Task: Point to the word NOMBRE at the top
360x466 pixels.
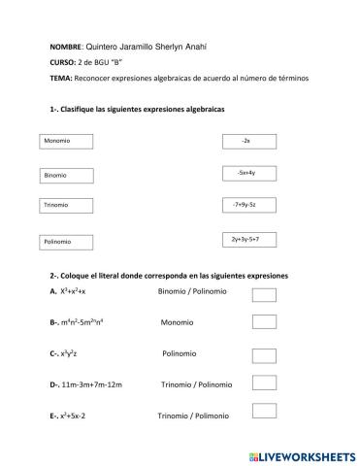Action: coord(65,47)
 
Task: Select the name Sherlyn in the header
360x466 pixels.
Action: coord(173,47)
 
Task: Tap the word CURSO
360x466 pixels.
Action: coord(61,62)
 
